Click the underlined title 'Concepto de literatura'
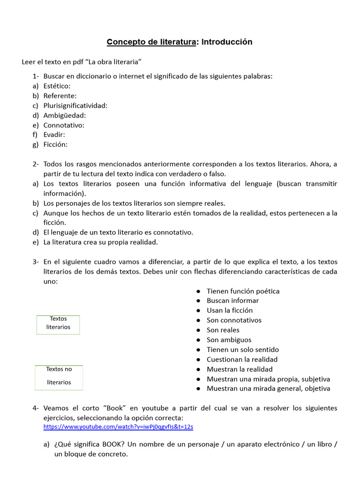coord(151,42)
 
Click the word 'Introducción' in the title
coord(226,42)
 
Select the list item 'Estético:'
coord(57,86)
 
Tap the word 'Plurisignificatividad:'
coord(75,105)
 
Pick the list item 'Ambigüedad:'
coord(65,115)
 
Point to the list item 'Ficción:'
coord(55,144)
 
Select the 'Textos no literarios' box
coord(59,377)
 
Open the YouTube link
coord(118,427)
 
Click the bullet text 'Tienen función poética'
coord(243,291)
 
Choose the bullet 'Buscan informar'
coord(232,300)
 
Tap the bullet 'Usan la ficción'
coord(230,310)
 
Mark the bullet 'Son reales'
coord(223,330)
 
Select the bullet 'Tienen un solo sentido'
coord(243,350)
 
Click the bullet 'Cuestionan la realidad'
coord(242,360)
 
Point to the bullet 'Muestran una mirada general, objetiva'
coord(268,389)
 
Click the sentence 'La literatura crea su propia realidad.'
coord(101,242)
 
